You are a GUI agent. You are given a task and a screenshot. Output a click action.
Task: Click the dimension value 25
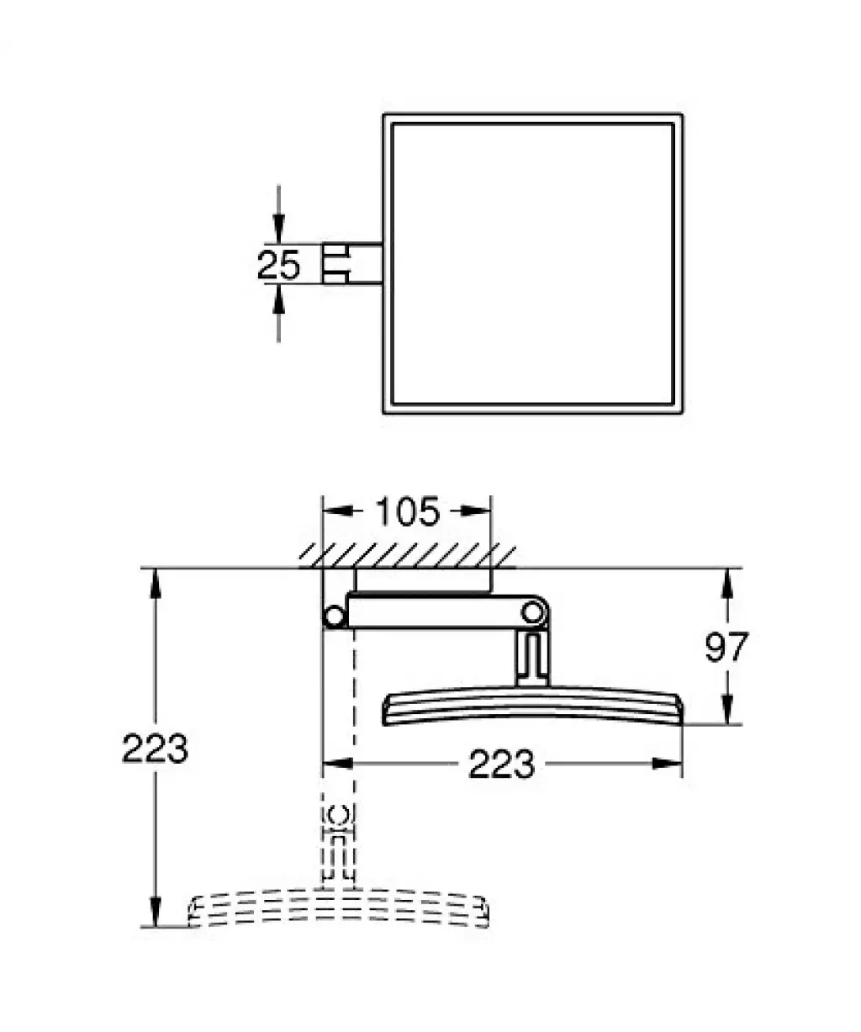click(278, 264)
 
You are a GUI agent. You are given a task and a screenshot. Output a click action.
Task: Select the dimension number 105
click(408, 511)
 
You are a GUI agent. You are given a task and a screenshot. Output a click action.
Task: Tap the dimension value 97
click(726, 647)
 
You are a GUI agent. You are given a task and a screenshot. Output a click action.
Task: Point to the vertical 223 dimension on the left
click(155, 748)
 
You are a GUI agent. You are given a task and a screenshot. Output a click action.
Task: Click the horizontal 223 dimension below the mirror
click(502, 764)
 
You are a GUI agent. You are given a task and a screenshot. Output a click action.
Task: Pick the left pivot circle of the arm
click(334, 617)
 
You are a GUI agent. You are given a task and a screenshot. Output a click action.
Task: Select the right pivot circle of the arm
click(532, 613)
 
